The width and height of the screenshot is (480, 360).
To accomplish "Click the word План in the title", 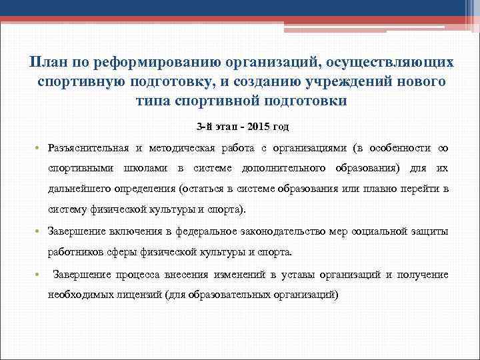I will (47, 62).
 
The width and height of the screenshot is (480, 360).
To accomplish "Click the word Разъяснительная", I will (89, 147).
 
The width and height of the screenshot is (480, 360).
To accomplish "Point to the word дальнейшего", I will (84, 189).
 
